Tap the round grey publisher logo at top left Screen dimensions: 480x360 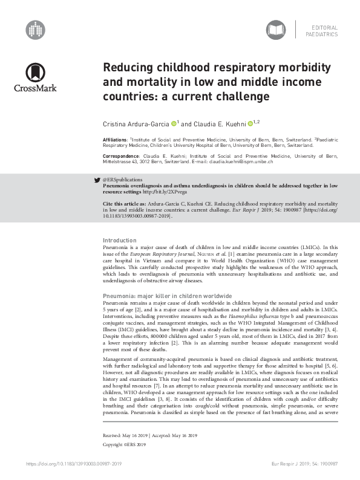tap(36, 28)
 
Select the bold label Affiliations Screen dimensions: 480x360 tap(116, 140)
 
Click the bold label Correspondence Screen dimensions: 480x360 tap(120, 155)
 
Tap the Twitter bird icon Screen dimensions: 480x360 tap(97, 180)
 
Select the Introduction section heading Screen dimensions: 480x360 tap(120, 241)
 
